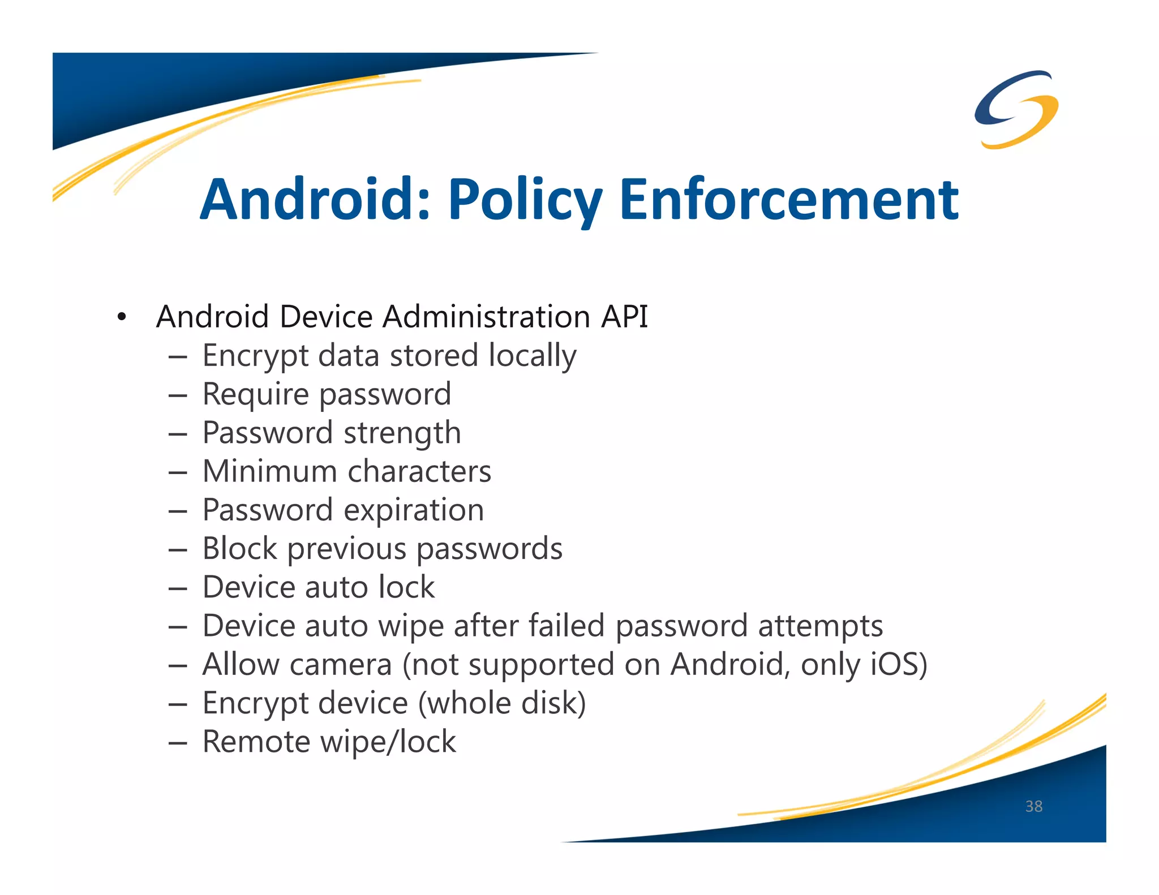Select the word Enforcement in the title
789,199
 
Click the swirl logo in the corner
1016,109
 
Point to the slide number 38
1033,806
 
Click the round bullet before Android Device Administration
121,317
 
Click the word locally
532,356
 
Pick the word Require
256,394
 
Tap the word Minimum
271,471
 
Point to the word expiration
414,511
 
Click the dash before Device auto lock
178,588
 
